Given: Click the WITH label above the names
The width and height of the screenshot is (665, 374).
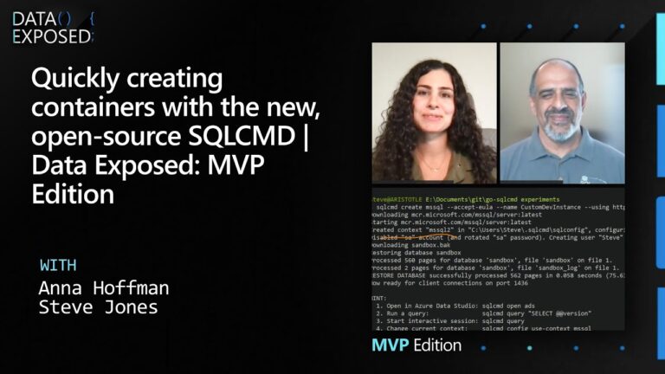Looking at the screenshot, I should (x=59, y=264).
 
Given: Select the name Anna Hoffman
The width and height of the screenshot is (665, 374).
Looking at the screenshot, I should (x=104, y=287).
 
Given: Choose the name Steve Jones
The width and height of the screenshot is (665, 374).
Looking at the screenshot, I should (x=97, y=306).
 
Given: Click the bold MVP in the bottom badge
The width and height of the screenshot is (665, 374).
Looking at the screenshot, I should (x=390, y=345).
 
